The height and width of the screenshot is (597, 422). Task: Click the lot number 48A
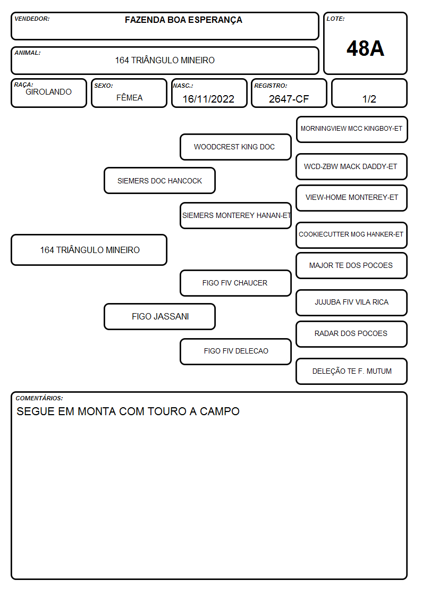pyautogui.click(x=365, y=48)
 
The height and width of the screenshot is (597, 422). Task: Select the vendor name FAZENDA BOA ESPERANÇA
pyautogui.click(x=183, y=20)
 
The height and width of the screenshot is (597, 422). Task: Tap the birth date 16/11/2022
pyautogui.click(x=208, y=99)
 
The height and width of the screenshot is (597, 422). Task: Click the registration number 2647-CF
pyautogui.click(x=289, y=99)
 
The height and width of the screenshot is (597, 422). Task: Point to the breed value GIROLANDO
pyautogui.click(x=49, y=92)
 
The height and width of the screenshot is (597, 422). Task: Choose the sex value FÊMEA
pyautogui.click(x=129, y=97)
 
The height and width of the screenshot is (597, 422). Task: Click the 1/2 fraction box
pyautogui.click(x=369, y=93)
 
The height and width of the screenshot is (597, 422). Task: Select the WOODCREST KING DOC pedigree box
pyautogui.click(x=235, y=147)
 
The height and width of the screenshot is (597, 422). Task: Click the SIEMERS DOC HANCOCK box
pyautogui.click(x=160, y=180)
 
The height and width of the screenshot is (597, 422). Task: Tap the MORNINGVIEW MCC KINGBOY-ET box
pyautogui.click(x=352, y=130)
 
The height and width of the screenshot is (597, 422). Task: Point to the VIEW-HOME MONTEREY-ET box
pyautogui.click(x=352, y=198)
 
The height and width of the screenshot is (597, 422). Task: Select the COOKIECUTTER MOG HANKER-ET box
pyautogui.click(x=352, y=235)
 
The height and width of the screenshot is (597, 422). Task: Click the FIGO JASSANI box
pyautogui.click(x=160, y=316)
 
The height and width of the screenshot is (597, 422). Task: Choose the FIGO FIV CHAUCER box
pyautogui.click(x=235, y=283)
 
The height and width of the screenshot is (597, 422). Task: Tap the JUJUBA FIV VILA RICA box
pyautogui.click(x=352, y=302)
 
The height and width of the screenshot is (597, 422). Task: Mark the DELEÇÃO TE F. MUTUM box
pyautogui.click(x=352, y=371)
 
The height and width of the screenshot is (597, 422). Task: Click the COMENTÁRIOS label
pyautogui.click(x=39, y=398)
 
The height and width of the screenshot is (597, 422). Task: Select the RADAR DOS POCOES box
pyautogui.click(x=352, y=334)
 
